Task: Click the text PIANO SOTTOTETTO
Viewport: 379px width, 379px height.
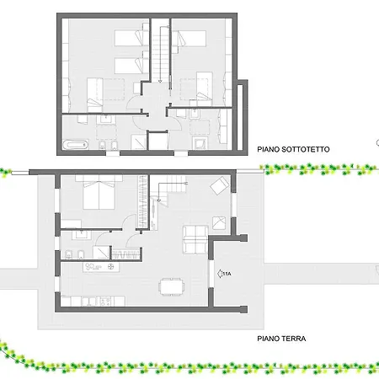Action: coord(293,149)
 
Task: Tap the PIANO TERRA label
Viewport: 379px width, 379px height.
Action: coord(281,339)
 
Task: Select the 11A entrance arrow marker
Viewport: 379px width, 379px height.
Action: coord(224,274)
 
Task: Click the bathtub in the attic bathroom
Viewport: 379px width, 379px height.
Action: coord(75,145)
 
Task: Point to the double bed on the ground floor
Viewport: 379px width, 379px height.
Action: coord(99,192)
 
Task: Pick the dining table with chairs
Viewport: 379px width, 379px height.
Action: coord(171,286)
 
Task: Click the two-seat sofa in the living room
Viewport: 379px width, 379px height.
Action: coord(195,239)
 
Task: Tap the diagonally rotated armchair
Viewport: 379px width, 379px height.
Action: coord(220,185)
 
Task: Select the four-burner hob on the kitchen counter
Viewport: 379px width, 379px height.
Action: coord(105,302)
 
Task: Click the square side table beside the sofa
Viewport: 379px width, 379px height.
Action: coord(219,223)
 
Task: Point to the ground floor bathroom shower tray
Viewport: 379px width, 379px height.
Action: coord(101,253)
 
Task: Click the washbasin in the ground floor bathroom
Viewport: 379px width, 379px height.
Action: coord(82,235)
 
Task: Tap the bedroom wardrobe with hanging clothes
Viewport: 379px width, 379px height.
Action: coord(143,201)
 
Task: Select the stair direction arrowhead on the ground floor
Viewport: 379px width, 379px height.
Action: coord(158,200)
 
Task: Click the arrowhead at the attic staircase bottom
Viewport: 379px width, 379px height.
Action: coord(160,81)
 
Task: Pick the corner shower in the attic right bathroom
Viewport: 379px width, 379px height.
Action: coord(200,143)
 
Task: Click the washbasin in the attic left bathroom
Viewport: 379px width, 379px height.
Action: coord(106,119)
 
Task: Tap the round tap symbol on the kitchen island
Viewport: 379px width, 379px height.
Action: coord(111,266)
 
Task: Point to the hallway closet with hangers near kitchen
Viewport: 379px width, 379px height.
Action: coord(126,254)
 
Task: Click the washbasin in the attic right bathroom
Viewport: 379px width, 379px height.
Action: coord(195,114)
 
